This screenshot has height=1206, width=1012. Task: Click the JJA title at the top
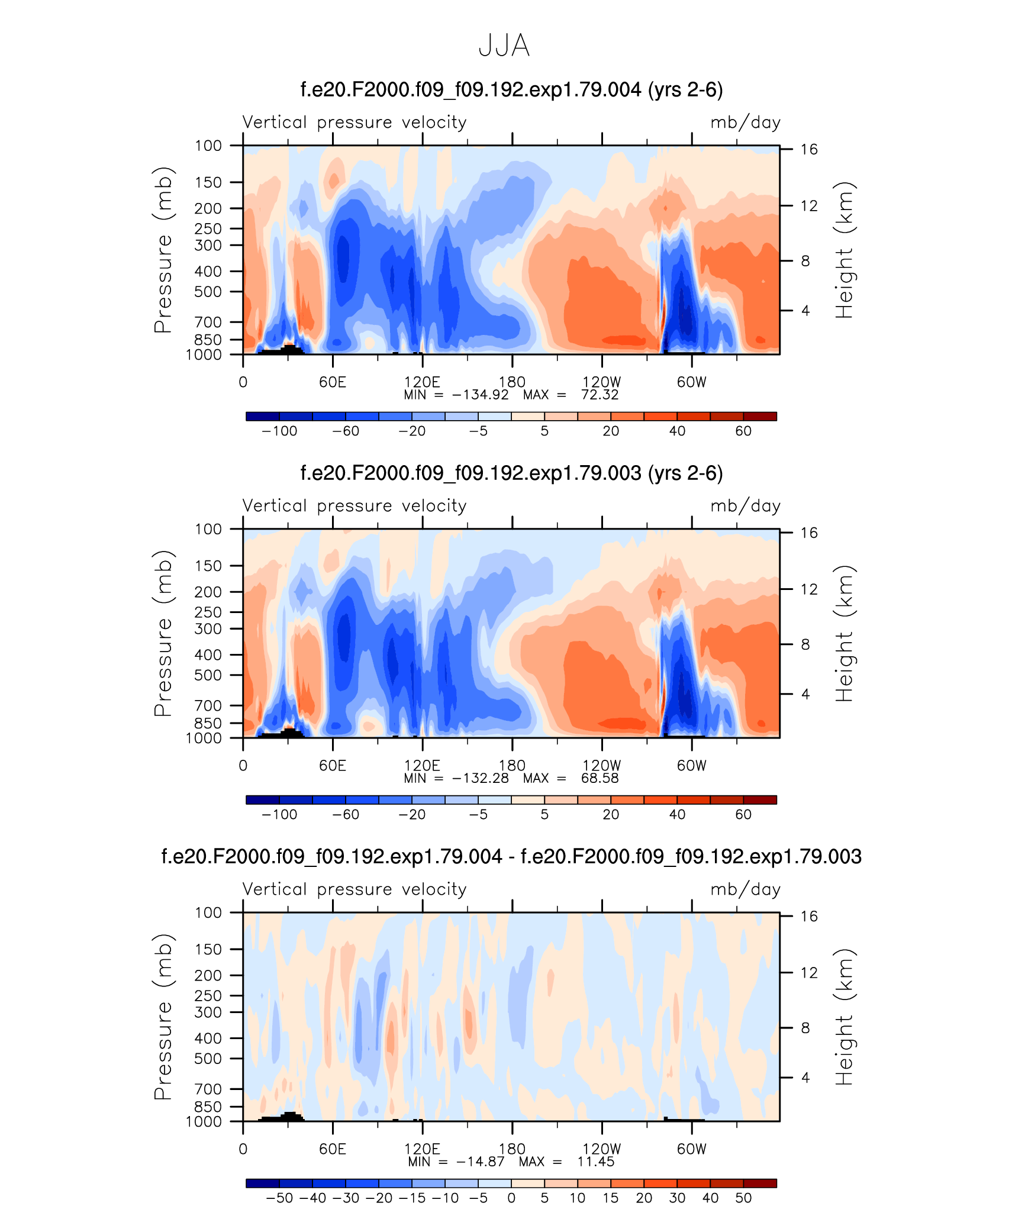(x=504, y=46)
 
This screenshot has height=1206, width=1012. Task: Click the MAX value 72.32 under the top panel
(x=600, y=395)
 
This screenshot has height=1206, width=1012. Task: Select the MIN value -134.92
(x=480, y=395)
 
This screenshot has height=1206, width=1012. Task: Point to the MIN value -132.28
(x=480, y=778)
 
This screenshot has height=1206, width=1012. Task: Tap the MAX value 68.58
(x=600, y=778)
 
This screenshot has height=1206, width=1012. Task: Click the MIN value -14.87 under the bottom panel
(x=480, y=1162)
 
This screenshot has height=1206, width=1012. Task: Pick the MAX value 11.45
(x=596, y=1162)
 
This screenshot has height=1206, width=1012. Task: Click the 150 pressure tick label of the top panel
(x=208, y=182)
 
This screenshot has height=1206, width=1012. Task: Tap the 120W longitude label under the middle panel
(x=602, y=766)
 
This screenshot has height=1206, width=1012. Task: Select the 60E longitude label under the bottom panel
(x=333, y=1149)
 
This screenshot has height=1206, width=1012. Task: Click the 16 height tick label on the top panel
(x=809, y=149)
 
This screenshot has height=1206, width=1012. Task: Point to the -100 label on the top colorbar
(x=279, y=431)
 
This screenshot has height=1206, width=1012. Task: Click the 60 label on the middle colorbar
(x=743, y=815)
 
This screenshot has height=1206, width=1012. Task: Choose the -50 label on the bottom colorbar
(x=279, y=1198)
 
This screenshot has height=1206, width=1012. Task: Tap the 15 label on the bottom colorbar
(x=611, y=1198)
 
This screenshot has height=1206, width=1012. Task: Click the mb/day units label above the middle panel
(x=745, y=507)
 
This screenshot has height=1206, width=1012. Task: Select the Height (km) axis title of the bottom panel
(x=844, y=1017)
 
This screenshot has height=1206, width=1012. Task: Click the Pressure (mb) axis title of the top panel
(x=163, y=250)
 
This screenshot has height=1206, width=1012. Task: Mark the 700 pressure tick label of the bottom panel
(x=208, y=1089)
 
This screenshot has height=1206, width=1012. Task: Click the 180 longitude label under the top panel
(x=512, y=382)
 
